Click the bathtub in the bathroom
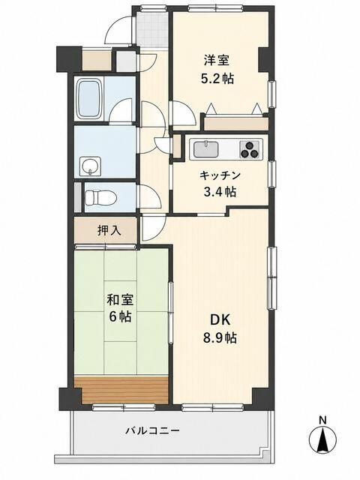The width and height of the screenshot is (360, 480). click(x=90, y=99)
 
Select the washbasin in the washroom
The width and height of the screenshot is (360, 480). click(x=90, y=166)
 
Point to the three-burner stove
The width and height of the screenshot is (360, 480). click(x=250, y=150)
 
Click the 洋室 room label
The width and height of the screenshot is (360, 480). click(x=217, y=60)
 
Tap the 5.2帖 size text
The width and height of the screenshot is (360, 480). click(x=217, y=79)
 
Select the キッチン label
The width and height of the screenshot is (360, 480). click(x=220, y=175)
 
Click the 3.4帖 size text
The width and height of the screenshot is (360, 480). click(x=220, y=192)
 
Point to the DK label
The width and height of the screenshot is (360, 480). click(x=220, y=319)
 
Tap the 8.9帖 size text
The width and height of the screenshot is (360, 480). click(x=220, y=337)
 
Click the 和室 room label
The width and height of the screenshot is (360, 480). click(x=120, y=299)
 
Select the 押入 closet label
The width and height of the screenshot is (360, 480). click(x=109, y=230)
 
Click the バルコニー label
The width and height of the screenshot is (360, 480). click(x=152, y=431)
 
